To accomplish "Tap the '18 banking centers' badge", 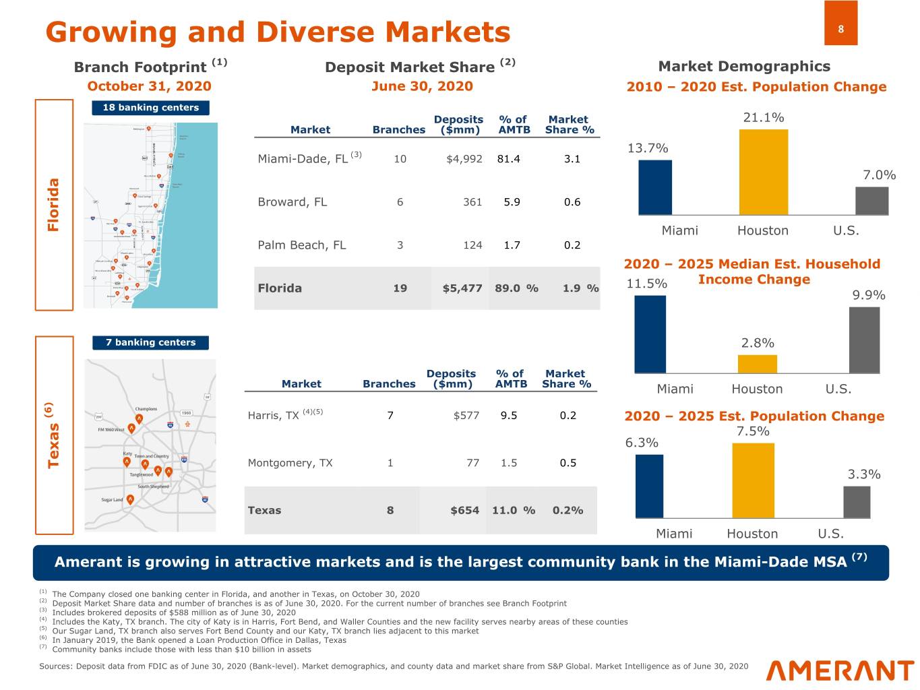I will pos(150,108).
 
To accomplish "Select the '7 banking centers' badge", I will pos(150,343).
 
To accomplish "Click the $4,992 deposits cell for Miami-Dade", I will pos(464,159).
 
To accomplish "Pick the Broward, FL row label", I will pos(292,202).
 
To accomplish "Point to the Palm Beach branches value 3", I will pos(400,245).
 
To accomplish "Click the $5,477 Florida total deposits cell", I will pos(462,288).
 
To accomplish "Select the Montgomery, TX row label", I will pos(290,463).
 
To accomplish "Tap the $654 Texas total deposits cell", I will pos(464,511).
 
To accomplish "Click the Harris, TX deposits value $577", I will pos(466,416).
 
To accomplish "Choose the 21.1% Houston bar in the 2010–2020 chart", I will pos(763,172).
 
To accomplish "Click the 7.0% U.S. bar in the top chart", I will pos(871,201).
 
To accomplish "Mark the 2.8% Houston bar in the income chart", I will pos(757,364).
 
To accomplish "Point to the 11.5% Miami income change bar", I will pos(650,334).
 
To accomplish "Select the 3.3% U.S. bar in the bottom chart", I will pos(857,502).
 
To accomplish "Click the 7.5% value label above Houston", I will pos(753,432).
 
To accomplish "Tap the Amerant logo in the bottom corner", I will pos(840,670).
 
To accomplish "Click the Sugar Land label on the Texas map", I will pos(112,500).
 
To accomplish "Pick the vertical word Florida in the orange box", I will pos(54,205).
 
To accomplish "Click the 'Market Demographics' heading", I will pos(744,67).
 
